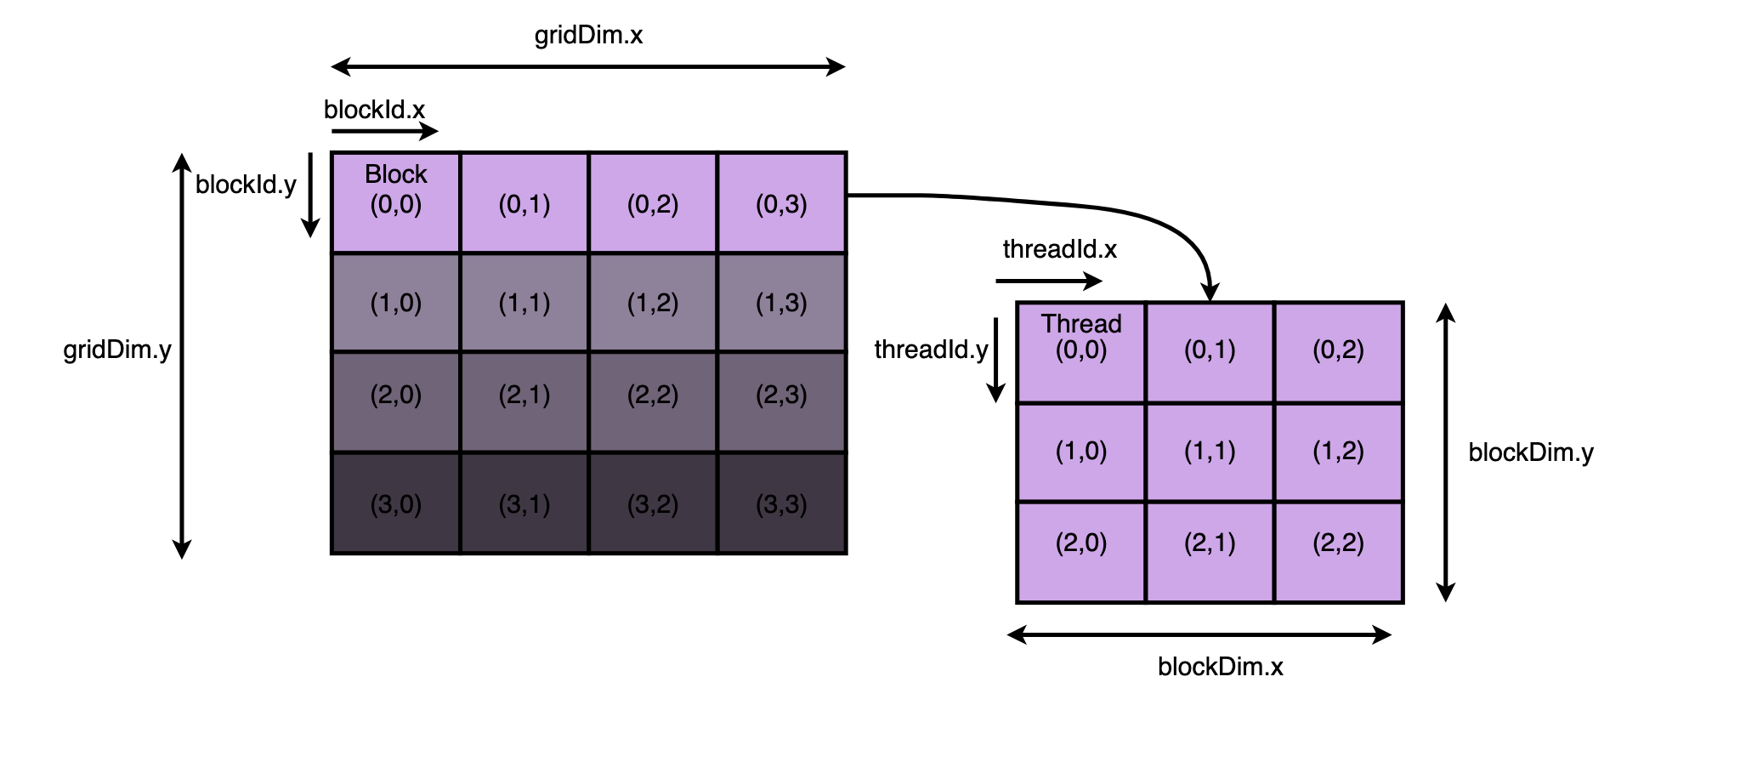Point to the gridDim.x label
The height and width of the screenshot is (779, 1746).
pos(588,36)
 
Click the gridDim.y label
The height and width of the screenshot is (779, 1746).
pos(117,350)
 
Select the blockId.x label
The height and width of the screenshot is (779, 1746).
pos(374,110)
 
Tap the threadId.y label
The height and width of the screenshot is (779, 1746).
pos(931,350)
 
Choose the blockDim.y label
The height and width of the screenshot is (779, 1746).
pos(1531,452)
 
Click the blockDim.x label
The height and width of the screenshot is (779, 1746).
pos(1220,666)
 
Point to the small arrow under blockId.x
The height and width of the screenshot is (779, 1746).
pos(385,131)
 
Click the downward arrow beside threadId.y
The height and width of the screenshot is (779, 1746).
pos(995,360)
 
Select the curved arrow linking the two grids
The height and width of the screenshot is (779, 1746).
pos(1105,209)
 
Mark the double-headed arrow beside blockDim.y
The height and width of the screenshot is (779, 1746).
pos(1445,452)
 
